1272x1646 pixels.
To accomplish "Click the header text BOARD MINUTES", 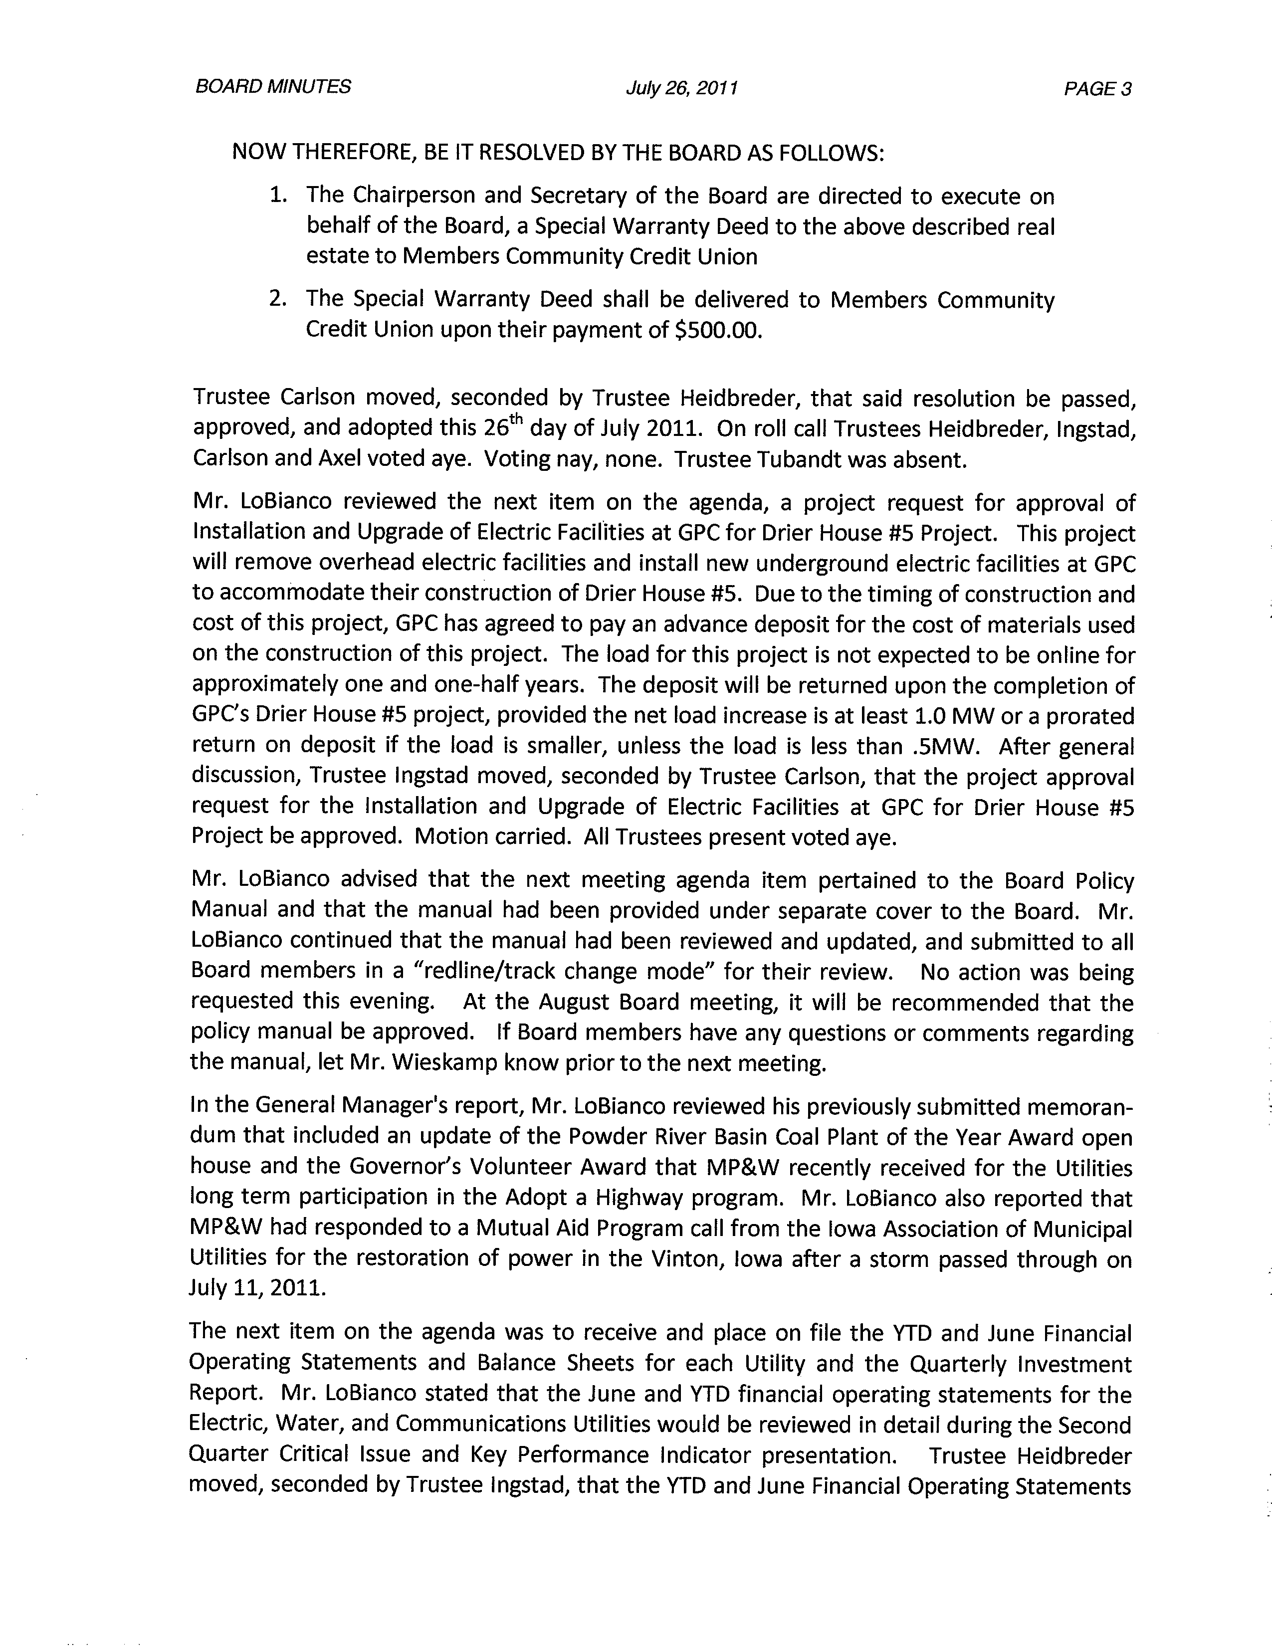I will point(273,87).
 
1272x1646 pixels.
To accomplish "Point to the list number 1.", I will point(278,196).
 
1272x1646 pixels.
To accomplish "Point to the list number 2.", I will point(278,299).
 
